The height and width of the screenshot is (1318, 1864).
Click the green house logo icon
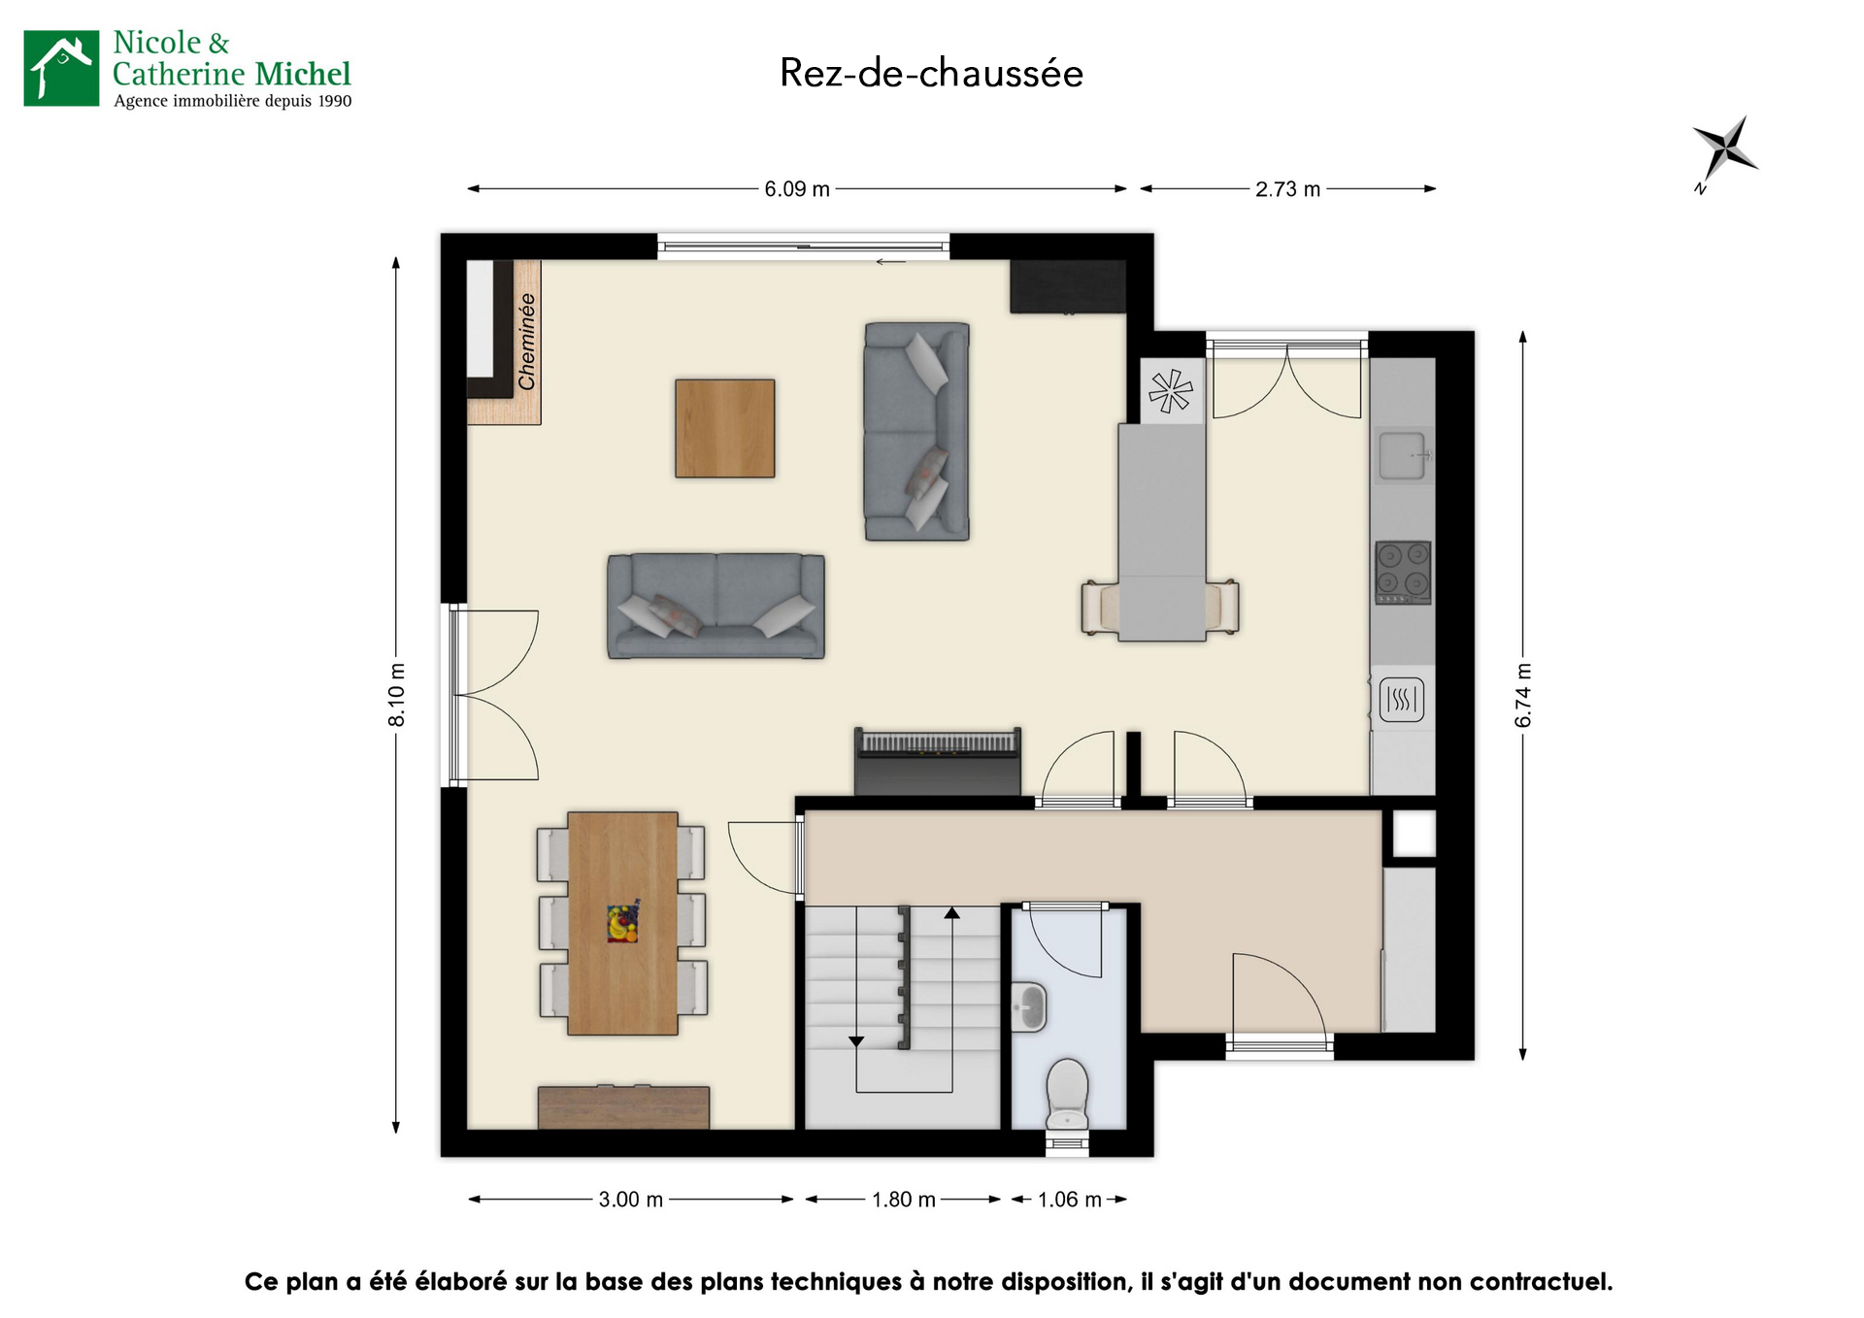click(61, 68)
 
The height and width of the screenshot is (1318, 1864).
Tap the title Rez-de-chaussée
click(931, 73)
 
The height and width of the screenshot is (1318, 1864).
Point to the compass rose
click(1726, 151)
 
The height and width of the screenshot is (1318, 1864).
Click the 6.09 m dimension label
click(797, 189)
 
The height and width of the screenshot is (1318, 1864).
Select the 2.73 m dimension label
click(1287, 189)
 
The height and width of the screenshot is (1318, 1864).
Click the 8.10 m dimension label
click(397, 695)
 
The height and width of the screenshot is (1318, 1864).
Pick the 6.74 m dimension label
click(1523, 695)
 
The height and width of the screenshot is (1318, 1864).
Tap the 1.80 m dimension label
click(903, 1200)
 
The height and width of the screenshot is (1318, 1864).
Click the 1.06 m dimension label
click(1069, 1200)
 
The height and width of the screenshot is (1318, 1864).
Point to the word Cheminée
click(527, 342)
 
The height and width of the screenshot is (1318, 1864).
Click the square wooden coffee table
click(725, 428)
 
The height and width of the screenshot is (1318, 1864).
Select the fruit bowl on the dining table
click(622, 922)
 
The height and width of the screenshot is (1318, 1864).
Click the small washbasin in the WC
click(1028, 1006)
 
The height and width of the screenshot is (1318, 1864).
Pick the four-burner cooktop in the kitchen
click(1403, 573)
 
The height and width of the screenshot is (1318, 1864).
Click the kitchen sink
click(1403, 456)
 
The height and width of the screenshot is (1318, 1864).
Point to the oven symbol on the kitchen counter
click(1401, 699)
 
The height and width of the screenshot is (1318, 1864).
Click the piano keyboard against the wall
click(938, 761)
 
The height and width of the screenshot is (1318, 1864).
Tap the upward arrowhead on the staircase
click(952, 913)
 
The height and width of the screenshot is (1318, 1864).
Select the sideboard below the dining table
click(623, 1107)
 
